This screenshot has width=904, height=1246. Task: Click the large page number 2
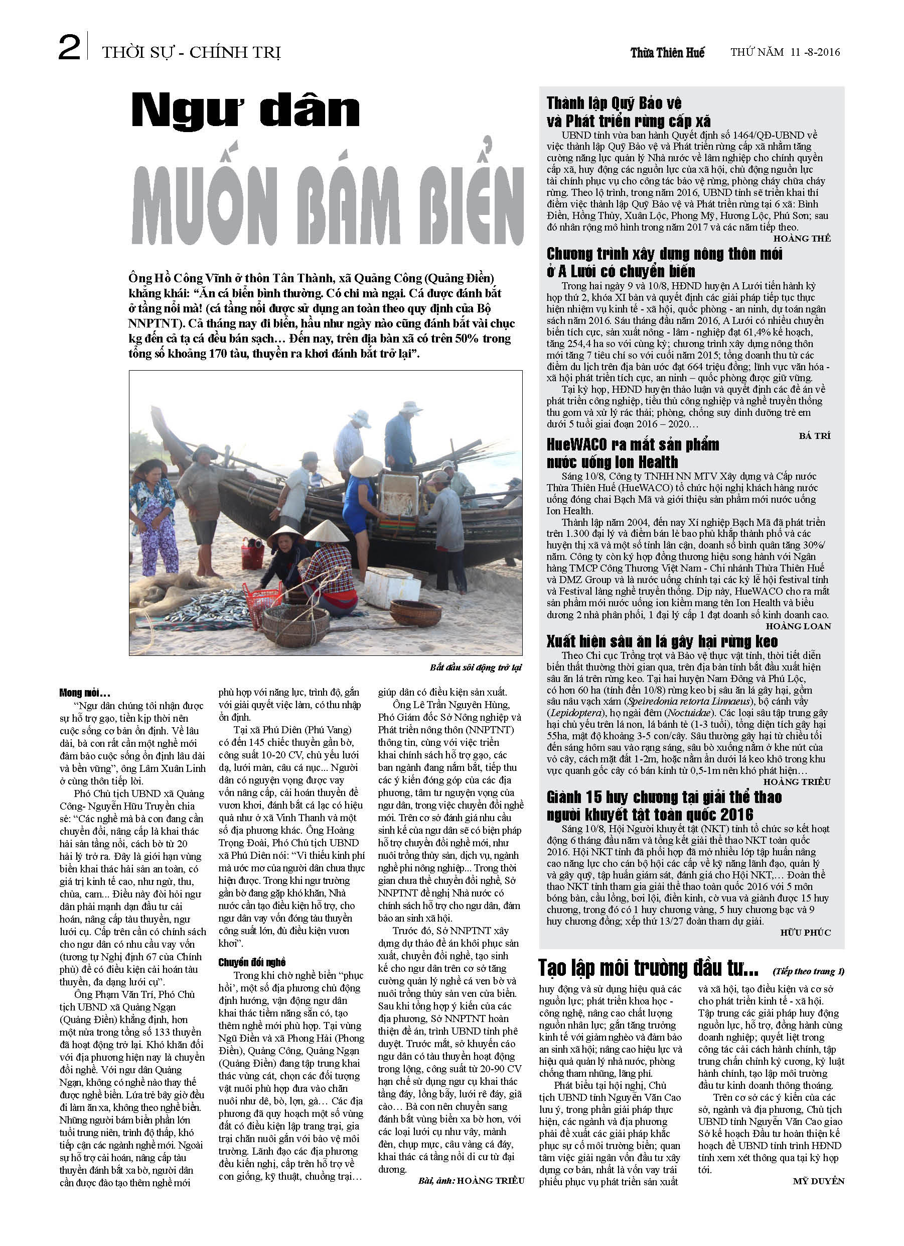pyautogui.click(x=69, y=48)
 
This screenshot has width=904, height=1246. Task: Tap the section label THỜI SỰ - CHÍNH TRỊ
pyautogui.click(x=191, y=53)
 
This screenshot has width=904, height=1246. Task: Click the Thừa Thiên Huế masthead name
pyautogui.click(x=667, y=53)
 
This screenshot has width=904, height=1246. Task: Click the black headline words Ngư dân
pyautogui.click(x=245, y=111)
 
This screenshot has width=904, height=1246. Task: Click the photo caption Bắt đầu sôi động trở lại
pyautogui.click(x=475, y=667)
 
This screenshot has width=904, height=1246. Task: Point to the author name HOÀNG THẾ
pyautogui.click(x=802, y=239)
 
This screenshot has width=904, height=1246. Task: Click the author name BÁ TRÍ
pyautogui.click(x=815, y=435)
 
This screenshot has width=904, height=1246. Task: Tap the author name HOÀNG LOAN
pyautogui.click(x=798, y=626)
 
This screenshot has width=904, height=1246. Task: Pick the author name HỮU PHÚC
pyautogui.click(x=805, y=933)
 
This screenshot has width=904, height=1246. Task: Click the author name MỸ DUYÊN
pyautogui.click(x=818, y=1181)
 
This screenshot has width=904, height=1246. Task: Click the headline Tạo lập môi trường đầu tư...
pyautogui.click(x=648, y=968)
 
